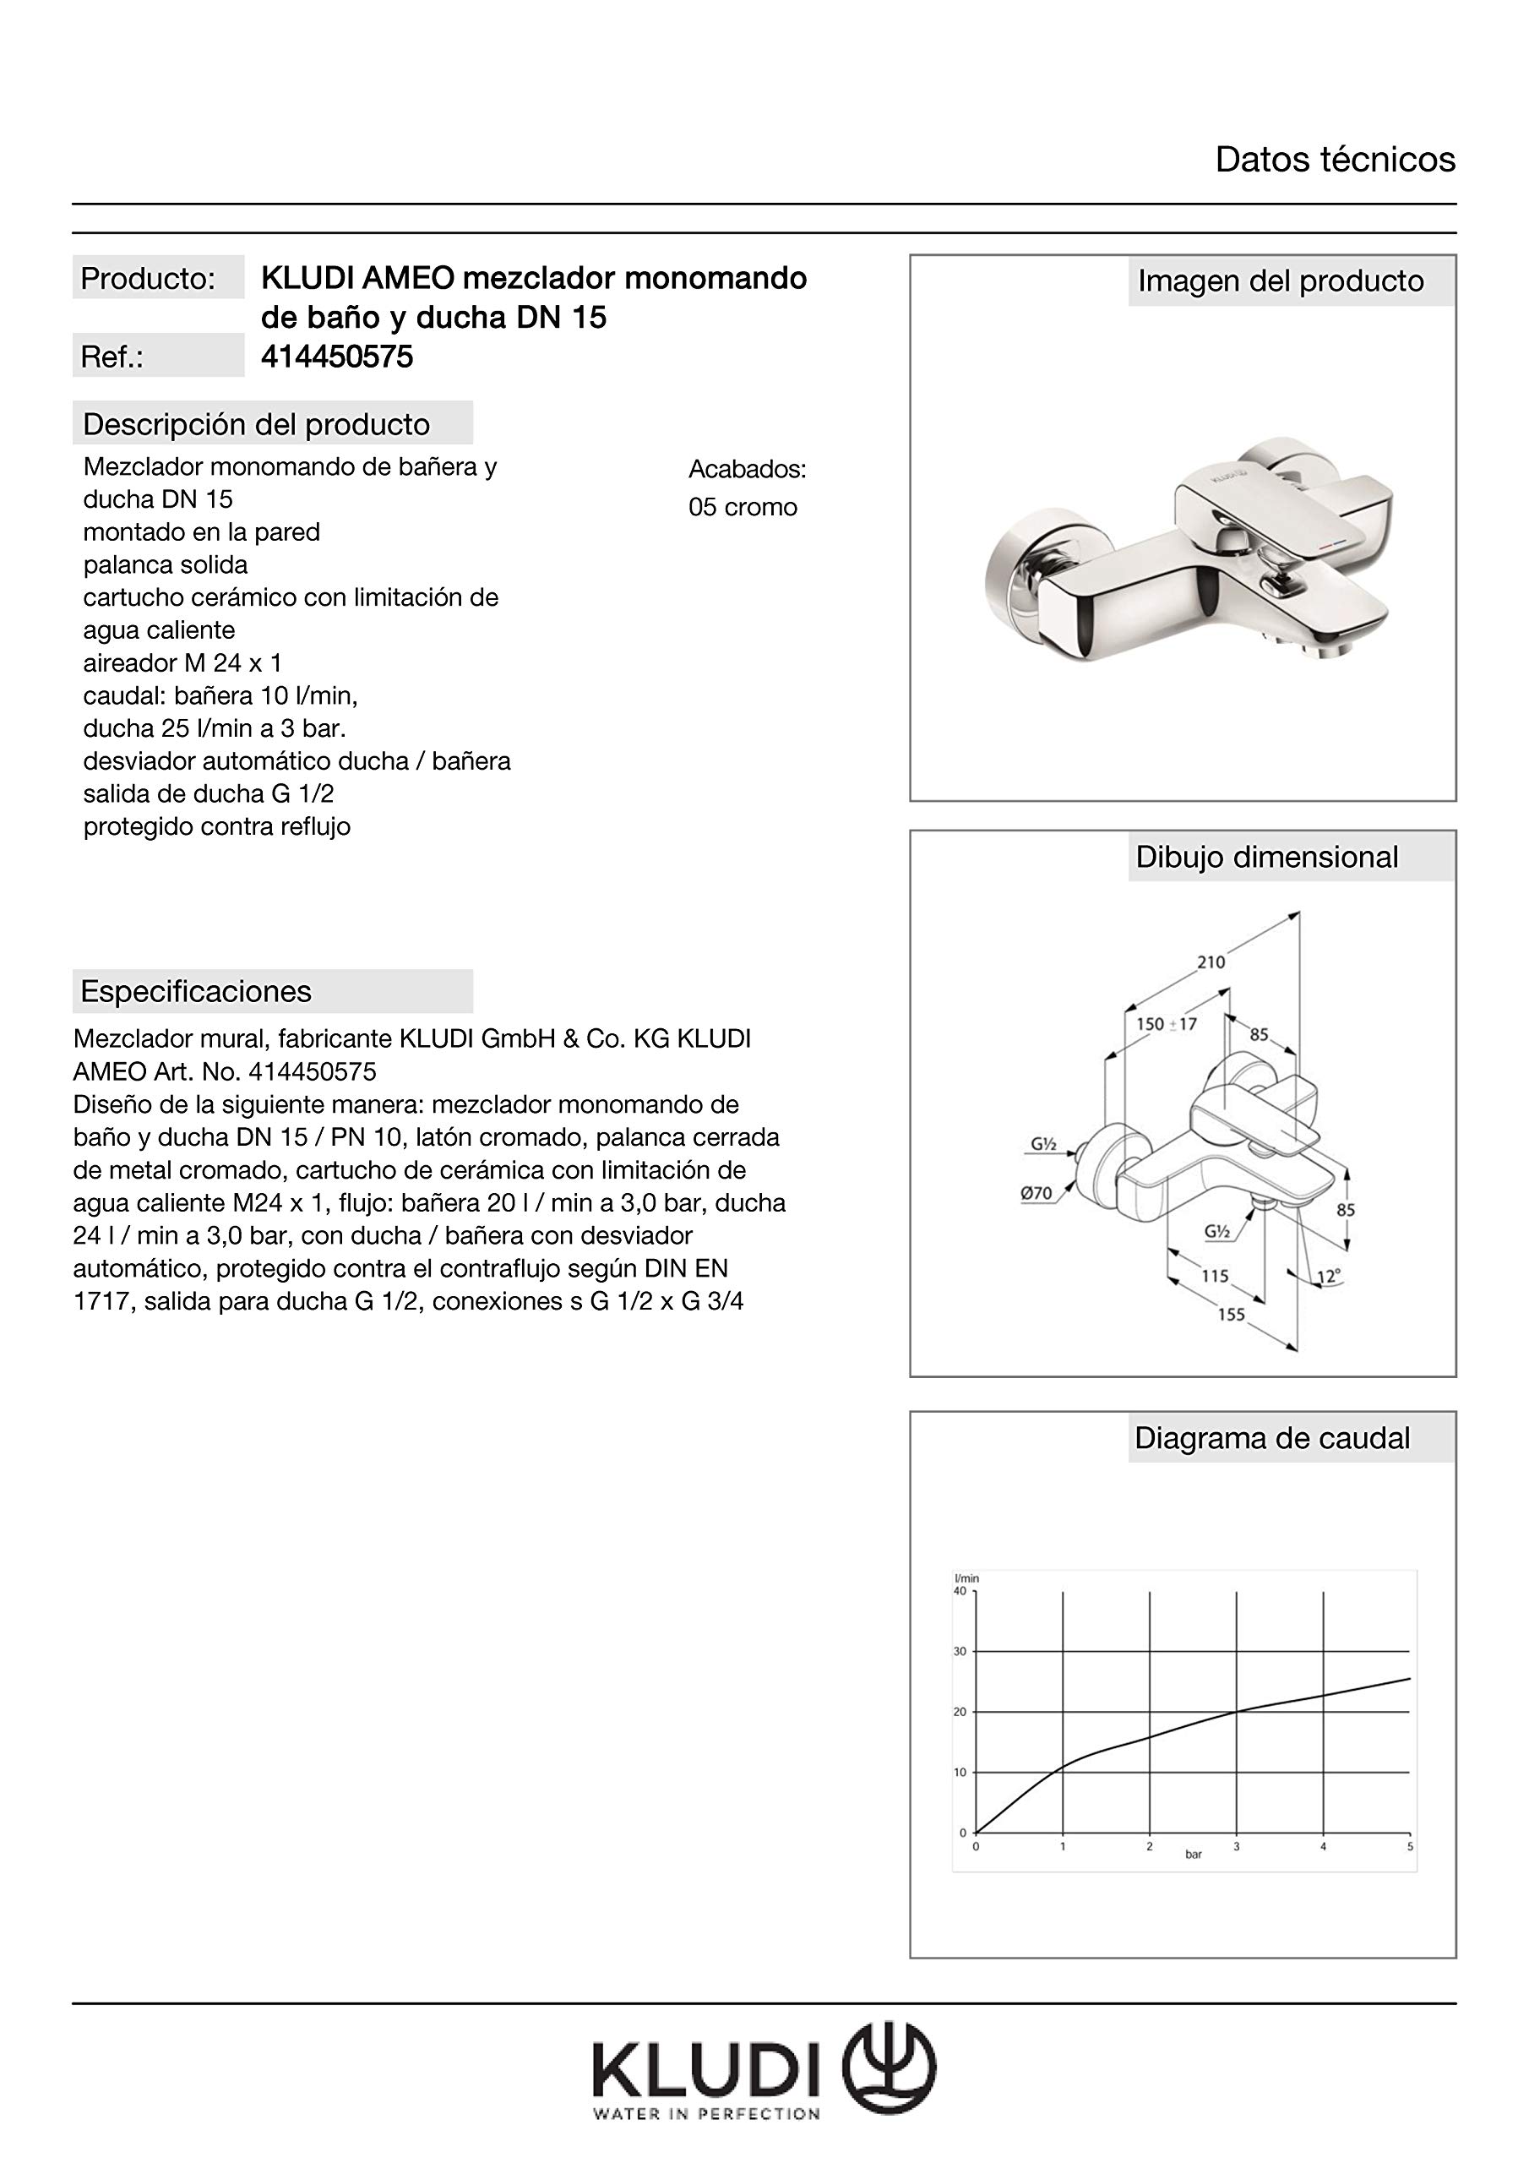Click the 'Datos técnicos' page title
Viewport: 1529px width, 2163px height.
pos(1334,161)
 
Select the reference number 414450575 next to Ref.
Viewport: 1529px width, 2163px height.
pos(336,357)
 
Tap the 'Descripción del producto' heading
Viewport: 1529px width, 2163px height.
pos(256,425)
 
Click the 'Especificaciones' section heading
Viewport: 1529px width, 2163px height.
pos(196,991)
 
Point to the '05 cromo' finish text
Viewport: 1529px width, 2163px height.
pos(743,508)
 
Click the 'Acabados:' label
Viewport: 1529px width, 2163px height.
pos(747,469)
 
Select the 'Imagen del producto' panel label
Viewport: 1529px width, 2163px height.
pos(1281,281)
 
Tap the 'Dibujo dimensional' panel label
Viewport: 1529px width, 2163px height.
pos(1266,858)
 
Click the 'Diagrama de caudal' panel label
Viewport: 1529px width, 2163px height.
pos(1272,1439)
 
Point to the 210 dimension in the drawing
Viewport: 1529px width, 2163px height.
pos(1211,962)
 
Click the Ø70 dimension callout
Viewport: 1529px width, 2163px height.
pos(1037,1193)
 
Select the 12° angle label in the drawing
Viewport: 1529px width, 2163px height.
pos(1328,1278)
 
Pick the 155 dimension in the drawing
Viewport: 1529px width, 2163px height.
pos(1232,1314)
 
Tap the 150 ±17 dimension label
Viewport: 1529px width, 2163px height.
pos(1167,1024)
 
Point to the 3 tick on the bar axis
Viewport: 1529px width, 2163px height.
pos(1236,1846)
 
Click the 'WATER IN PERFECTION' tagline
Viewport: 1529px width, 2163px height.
pos(705,2115)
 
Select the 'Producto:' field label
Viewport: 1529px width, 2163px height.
pos(148,279)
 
